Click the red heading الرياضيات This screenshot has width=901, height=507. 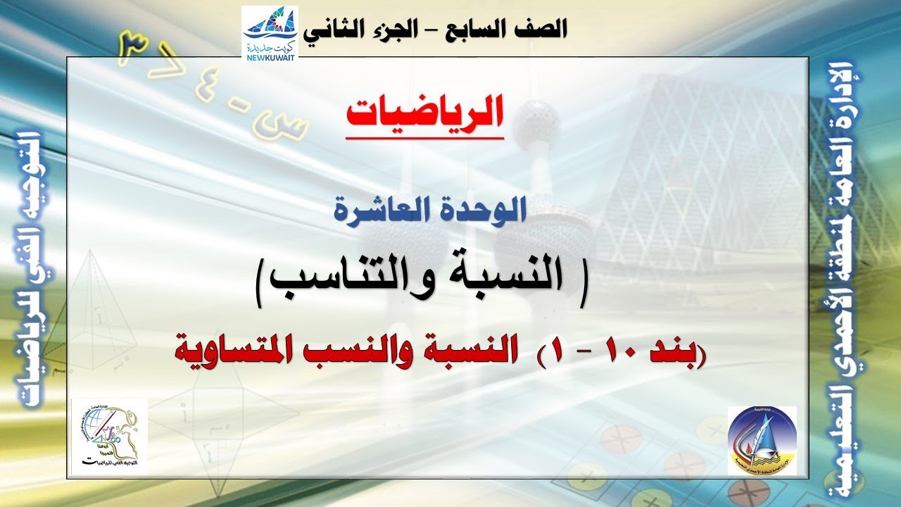424,112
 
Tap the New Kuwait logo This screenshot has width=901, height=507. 270,34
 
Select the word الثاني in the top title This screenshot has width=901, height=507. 329,29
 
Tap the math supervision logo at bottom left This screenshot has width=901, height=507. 109,438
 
